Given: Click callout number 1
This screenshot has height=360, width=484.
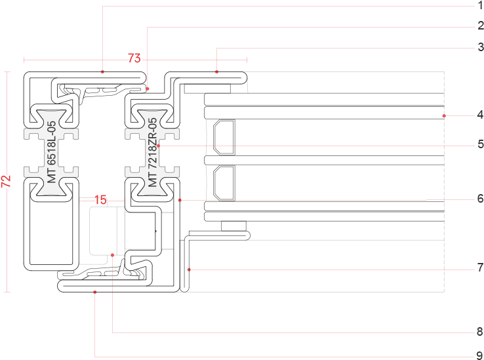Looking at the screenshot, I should [x=480, y=6].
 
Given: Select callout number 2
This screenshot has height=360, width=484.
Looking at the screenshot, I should [x=480, y=27].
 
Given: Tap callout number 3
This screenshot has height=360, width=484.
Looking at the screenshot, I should [x=480, y=47].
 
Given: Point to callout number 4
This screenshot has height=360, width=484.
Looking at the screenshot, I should [x=480, y=115].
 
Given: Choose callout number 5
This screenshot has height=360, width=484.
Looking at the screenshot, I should [x=480, y=144].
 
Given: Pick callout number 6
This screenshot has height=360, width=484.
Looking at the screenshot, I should [x=480, y=199].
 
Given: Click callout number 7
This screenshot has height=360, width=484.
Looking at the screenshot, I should [x=480, y=268].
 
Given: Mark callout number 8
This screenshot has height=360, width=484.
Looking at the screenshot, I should [x=480, y=332].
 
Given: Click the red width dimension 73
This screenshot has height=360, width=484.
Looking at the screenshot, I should [x=134, y=59].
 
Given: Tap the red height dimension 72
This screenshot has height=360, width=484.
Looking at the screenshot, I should [x=7, y=182].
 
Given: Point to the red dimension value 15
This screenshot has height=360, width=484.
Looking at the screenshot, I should [x=100, y=200].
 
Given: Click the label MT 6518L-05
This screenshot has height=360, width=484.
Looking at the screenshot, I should [x=51, y=155].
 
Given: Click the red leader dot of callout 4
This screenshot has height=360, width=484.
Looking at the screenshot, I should [x=444, y=115].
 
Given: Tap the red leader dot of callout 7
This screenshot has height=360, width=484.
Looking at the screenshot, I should [x=189, y=269].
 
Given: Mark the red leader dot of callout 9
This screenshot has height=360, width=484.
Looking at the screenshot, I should [x=95, y=292].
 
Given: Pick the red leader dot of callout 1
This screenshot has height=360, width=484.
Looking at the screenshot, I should [x=103, y=70].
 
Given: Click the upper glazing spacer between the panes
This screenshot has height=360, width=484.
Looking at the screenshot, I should [x=222, y=136].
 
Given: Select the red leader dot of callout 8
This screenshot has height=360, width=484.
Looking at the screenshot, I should [x=113, y=254].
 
